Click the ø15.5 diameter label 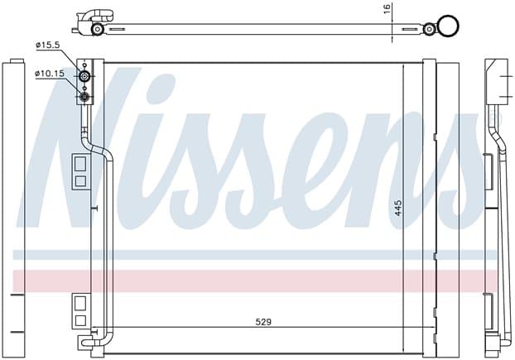tap(48, 45)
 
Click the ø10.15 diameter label tap(50, 74)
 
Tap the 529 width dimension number tap(263, 322)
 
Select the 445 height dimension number tap(397, 208)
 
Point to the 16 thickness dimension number tap(387, 8)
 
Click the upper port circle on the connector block tap(84, 77)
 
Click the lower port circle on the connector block tap(84, 97)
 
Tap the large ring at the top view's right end tap(448, 26)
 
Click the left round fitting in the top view tap(97, 29)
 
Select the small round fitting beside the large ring tap(429, 29)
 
